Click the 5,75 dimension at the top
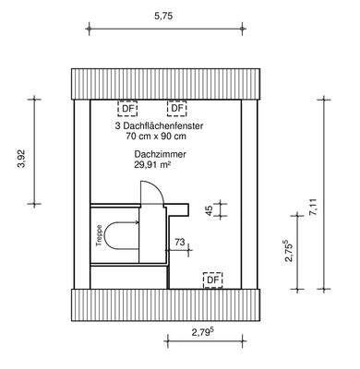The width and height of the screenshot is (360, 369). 163,17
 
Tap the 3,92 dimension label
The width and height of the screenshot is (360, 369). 21,159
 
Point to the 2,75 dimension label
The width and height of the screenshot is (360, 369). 288,251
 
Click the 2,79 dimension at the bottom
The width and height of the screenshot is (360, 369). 203,332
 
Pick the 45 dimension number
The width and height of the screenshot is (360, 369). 209,210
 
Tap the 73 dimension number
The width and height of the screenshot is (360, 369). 180,242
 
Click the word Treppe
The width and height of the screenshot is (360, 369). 99,235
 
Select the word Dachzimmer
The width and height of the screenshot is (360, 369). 160,154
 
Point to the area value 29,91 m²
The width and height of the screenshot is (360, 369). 152,165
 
